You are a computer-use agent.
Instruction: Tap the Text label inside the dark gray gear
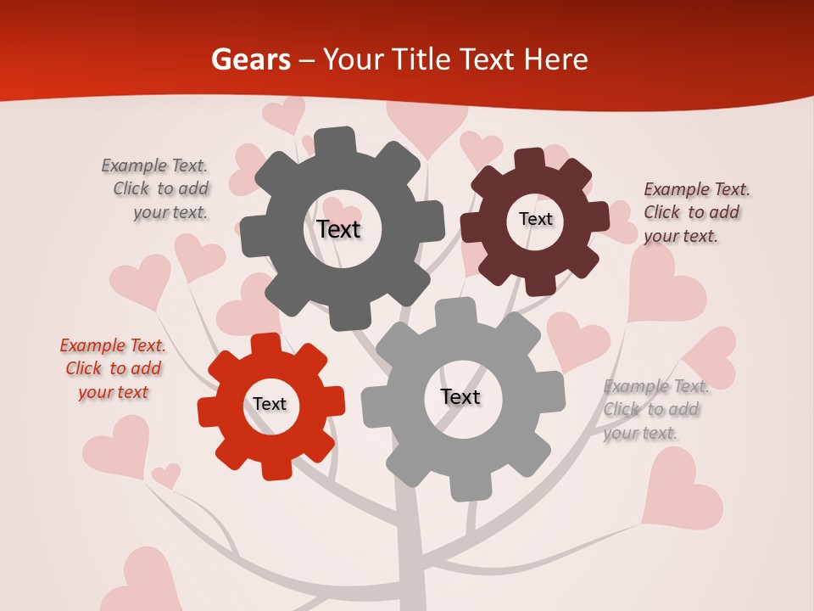click(x=338, y=229)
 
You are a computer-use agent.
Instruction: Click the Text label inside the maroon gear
click(x=535, y=219)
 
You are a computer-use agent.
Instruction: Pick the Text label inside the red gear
click(x=270, y=404)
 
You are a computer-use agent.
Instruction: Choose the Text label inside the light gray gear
click(x=460, y=396)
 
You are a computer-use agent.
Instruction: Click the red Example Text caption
click(x=113, y=368)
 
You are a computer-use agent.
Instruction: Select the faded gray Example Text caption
click(x=655, y=409)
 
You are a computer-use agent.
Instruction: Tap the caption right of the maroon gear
click(x=695, y=212)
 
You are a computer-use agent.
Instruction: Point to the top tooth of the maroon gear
click(x=528, y=159)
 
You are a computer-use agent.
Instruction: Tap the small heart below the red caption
click(x=166, y=474)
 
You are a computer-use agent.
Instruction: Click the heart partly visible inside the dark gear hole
click(x=342, y=211)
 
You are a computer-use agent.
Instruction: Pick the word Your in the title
click(x=355, y=59)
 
